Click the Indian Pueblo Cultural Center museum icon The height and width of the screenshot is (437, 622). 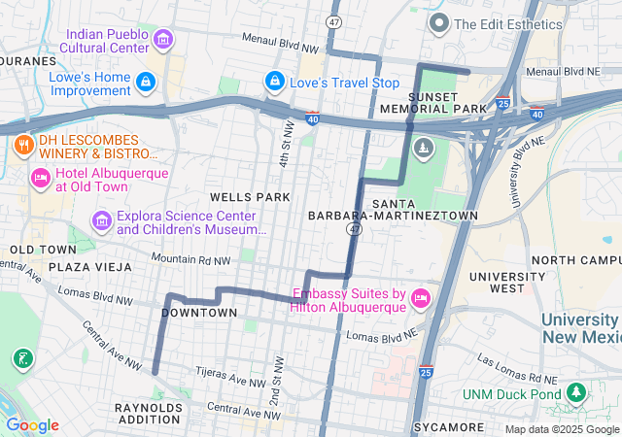(163, 40)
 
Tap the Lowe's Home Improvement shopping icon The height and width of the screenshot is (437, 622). (146, 82)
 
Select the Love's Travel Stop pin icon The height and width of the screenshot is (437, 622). (275, 82)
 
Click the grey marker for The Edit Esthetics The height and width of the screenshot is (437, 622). (438, 23)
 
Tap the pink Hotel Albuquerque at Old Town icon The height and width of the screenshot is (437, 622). (40, 179)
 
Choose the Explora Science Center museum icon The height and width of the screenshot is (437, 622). (101, 222)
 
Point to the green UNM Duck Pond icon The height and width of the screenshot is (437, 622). (577, 392)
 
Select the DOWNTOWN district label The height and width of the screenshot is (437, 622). (198, 313)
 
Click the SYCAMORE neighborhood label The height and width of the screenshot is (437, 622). (448, 427)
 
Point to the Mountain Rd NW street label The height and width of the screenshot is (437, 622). (190, 260)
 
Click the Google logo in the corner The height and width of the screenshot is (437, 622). (32, 425)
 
